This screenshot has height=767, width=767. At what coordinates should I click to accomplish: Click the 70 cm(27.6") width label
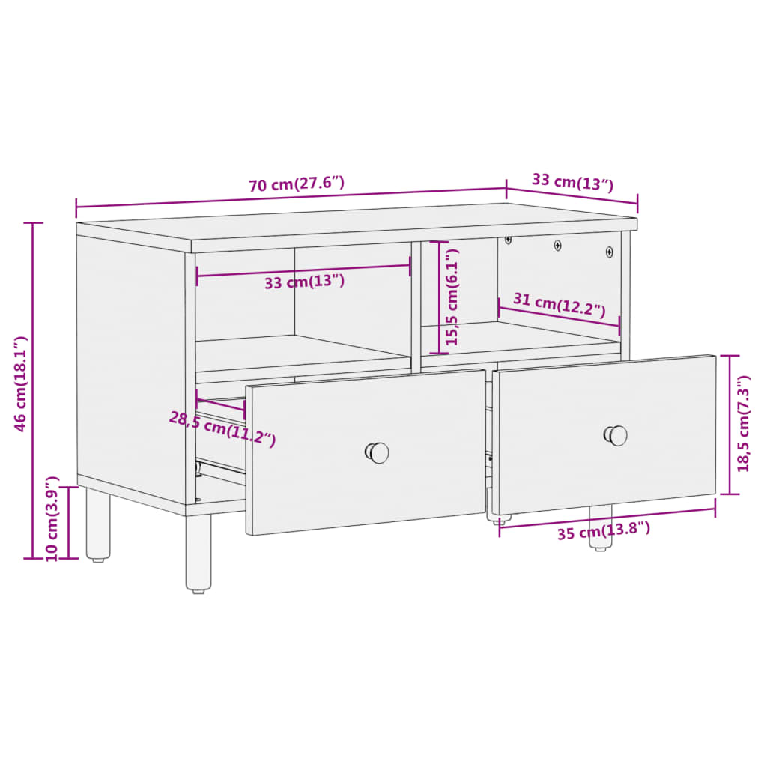(x=297, y=184)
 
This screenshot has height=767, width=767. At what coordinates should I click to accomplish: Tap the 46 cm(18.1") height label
(x=22, y=383)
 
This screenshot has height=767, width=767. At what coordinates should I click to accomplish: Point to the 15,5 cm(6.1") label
(x=452, y=297)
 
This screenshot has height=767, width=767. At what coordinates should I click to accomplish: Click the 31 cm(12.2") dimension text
(x=559, y=303)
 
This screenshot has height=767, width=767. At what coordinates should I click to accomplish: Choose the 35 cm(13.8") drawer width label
(x=603, y=531)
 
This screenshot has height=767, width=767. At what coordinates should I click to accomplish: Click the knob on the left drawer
(x=378, y=452)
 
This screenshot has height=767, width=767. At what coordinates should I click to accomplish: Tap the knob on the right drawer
(x=616, y=435)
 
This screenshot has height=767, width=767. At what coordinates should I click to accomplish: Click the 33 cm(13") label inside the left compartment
(x=304, y=282)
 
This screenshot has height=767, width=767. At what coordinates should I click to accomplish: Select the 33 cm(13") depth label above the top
(x=572, y=181)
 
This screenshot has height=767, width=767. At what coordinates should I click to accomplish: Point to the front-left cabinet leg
(x=198, y=553)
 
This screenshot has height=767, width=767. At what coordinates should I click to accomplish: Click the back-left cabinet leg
(x=98, y=524)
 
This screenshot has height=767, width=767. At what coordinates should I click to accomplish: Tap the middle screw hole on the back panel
(x=557, y=244)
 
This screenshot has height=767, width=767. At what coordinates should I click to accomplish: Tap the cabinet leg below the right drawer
(x=600, y=528)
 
